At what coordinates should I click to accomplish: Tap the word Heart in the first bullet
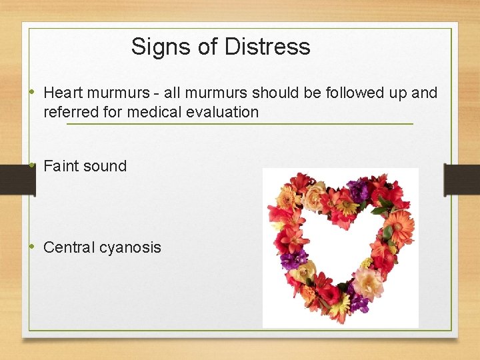tap(63, 93)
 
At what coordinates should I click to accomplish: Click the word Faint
tap(61, 166)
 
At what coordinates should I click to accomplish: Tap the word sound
tap(105, 166)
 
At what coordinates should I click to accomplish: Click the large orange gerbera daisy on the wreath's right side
tap(400, 226)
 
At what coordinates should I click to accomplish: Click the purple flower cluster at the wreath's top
tap(359, 190)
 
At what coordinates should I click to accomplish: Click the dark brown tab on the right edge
tap(461, 179)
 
